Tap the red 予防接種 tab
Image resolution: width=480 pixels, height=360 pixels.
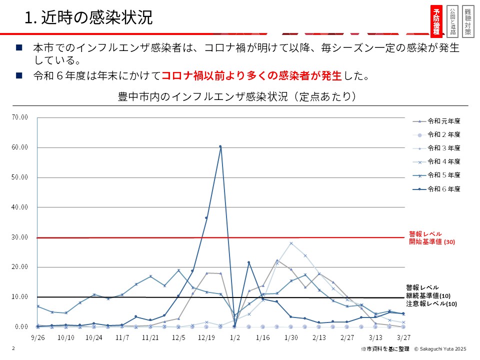pyautogui.click(x=436, y=21)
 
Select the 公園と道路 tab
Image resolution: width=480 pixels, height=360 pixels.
pyautogui.click(x=452, y=21)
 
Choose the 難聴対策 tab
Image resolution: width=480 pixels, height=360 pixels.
pyautogui.click(x=467, y=21)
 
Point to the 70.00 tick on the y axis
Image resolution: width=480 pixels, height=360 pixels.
pyautogui.click(x=20, y=117)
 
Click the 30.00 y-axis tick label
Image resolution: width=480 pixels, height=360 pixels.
pyautogui.click(x=20, y=237)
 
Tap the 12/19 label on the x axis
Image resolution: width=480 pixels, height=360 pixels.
pyautogui.click(x=206, y=337)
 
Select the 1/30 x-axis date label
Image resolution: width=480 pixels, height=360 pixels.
pyautogui.click(x=290, y=337)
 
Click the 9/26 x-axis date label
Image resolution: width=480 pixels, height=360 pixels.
pyautogui.click(x=38, y=337)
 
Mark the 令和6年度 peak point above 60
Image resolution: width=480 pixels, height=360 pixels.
pyautogui.click(x=220, y=146)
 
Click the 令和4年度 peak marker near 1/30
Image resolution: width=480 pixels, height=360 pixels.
pyautogui.click(x=291, y=243)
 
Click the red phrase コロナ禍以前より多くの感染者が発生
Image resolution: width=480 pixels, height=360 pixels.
pyautogui.click(x=251, y=76)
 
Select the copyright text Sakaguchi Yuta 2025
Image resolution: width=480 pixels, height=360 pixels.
pyautogui.click(x=439, y=348)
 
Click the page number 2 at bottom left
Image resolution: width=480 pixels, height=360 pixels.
pyautogui.click(x=13, y=348)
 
